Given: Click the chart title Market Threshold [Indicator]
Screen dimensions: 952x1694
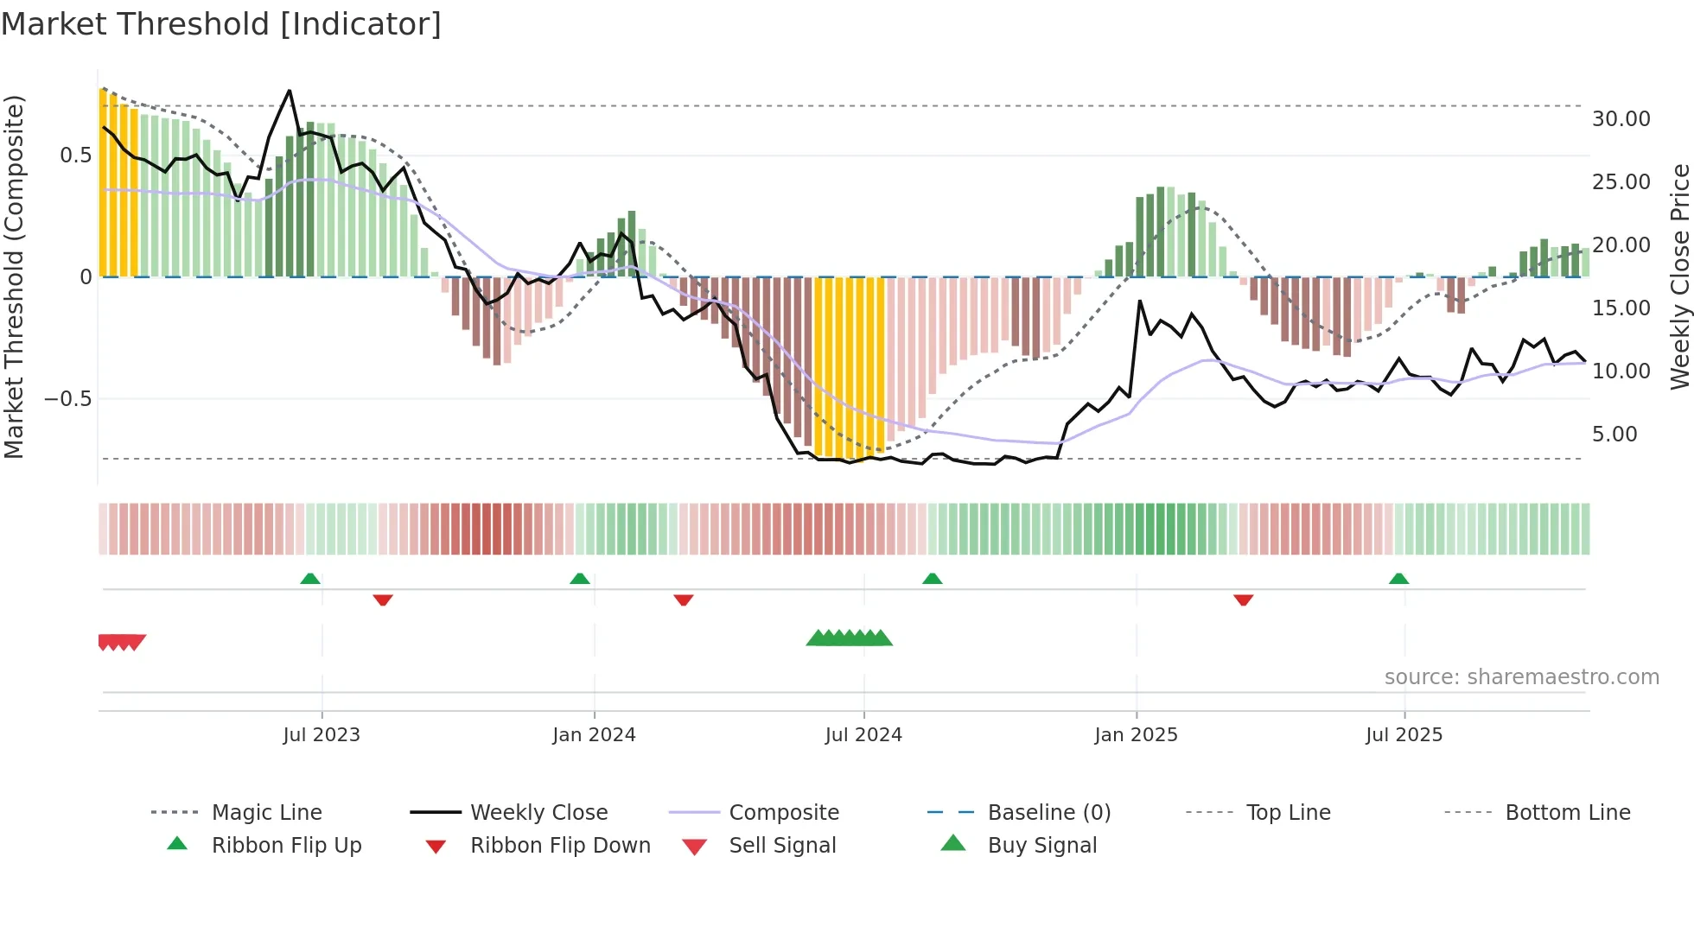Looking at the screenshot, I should [221, 24].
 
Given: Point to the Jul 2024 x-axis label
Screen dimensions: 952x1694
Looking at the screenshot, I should [863, 735].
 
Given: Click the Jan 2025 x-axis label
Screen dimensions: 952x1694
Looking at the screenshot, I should [1135, 735].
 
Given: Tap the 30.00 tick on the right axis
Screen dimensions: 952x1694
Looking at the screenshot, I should [1621, 119].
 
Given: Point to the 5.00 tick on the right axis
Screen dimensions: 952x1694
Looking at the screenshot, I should [1614, 435].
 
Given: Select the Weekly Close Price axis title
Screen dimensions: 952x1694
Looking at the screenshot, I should [1679, 276].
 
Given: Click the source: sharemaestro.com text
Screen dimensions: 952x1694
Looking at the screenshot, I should [1521, 677].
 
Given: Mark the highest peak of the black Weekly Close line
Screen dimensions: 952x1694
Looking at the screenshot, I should [289, 91].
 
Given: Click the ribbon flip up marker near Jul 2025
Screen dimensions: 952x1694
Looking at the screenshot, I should [1398, 579].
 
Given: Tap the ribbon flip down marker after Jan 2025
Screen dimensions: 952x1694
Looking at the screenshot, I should [1243, 600].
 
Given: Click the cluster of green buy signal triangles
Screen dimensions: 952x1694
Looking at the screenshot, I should [849, 638].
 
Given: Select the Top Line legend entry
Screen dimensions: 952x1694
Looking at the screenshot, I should [1288, 812].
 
